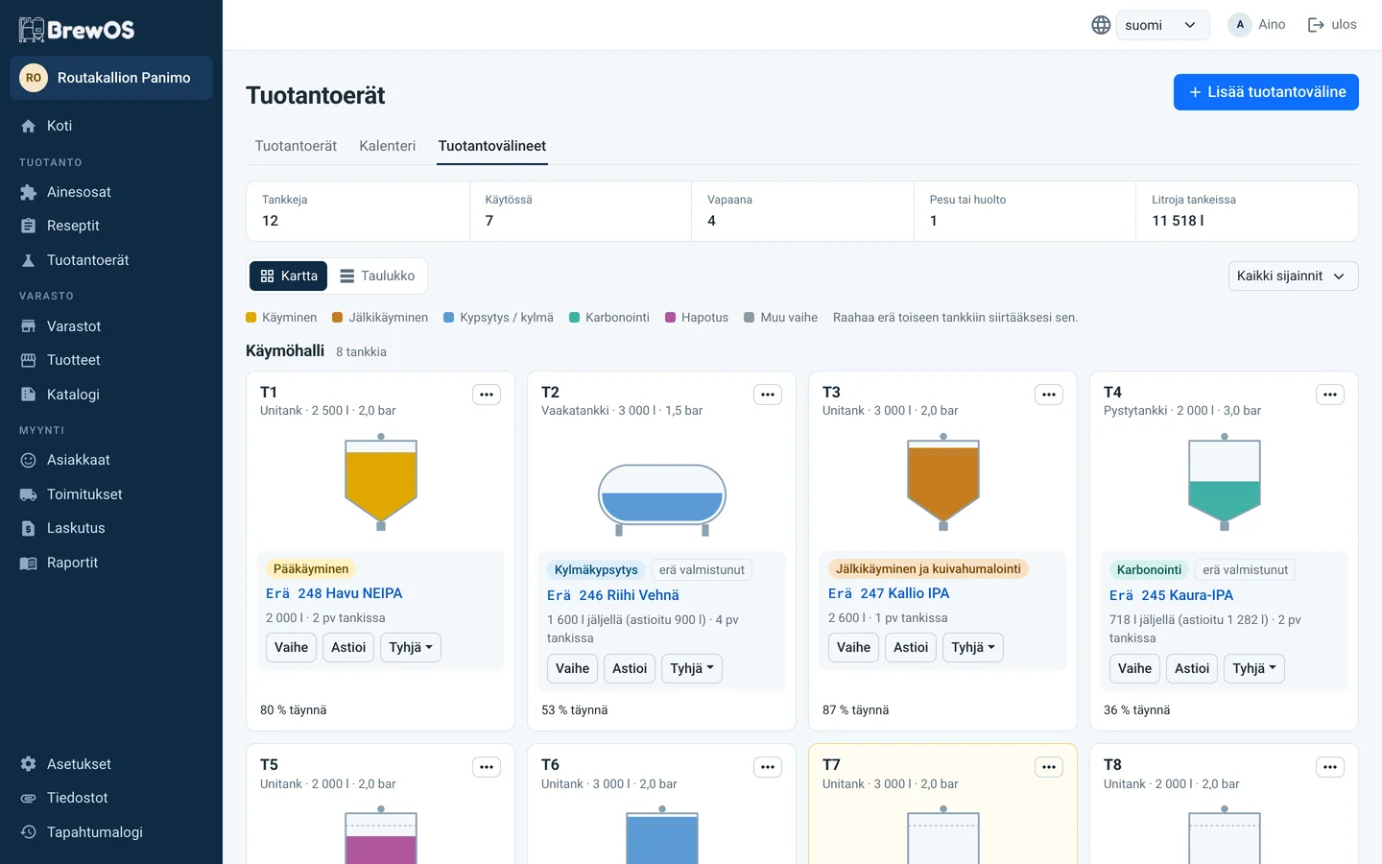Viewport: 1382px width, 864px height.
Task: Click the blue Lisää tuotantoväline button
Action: click(1265, 92)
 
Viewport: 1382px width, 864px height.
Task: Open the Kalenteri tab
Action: click(388, 146)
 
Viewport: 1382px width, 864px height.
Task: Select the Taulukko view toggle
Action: click(377, 276)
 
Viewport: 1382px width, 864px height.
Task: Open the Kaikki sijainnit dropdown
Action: click(1293, 276)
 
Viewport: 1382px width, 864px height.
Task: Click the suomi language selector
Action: click(1161, 25)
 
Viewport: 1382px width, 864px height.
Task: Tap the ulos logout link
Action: click(1332, 25)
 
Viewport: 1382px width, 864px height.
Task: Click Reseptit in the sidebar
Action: click(73, 226)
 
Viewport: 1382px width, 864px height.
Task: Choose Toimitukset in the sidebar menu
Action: click(84, 494)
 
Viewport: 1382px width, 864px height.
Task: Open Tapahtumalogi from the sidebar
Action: click(94, 832)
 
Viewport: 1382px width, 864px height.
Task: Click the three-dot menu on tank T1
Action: click(487, 395)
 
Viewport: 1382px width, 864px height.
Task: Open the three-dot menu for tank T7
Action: click(1048, 767)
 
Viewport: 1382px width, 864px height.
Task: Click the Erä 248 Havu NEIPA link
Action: click(334, 593)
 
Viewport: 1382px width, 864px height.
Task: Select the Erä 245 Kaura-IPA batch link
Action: click(1171, 595)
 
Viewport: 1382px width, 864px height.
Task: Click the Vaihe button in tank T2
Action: click(572, 668)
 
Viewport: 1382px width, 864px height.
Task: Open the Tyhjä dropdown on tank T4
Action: click(1253, 668)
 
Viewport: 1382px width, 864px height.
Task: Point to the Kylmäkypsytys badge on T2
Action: click(596, 569)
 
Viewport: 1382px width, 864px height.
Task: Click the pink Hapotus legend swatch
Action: click(670, 317)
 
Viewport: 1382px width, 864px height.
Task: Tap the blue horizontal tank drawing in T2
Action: click(662, 498)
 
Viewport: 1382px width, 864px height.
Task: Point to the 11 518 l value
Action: click(1178, 221)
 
